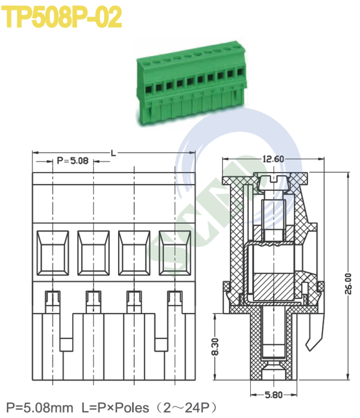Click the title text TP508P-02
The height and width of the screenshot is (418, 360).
coord(63,17)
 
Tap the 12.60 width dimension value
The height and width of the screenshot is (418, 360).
coord(273,159)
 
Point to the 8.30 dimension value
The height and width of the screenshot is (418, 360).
coord(215,346)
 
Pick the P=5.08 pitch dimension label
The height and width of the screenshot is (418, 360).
coord(73,161)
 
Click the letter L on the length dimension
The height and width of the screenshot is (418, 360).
coord(113,153)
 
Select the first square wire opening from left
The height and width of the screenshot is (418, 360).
coord(53,252)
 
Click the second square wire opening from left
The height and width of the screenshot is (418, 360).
coord(94,252)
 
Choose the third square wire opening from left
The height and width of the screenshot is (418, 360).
coord(134,252)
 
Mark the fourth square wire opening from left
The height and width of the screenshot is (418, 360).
coord(175,252)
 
